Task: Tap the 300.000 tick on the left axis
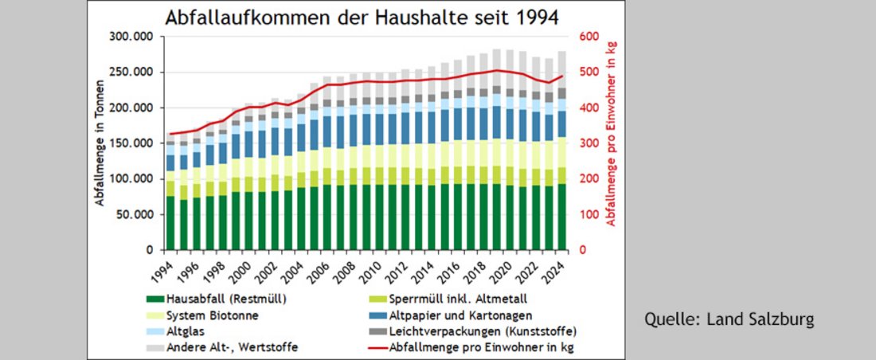point(133,37)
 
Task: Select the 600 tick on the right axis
point(589,37)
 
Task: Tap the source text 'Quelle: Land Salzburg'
point(729,320)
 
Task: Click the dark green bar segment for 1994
point(170,223)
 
